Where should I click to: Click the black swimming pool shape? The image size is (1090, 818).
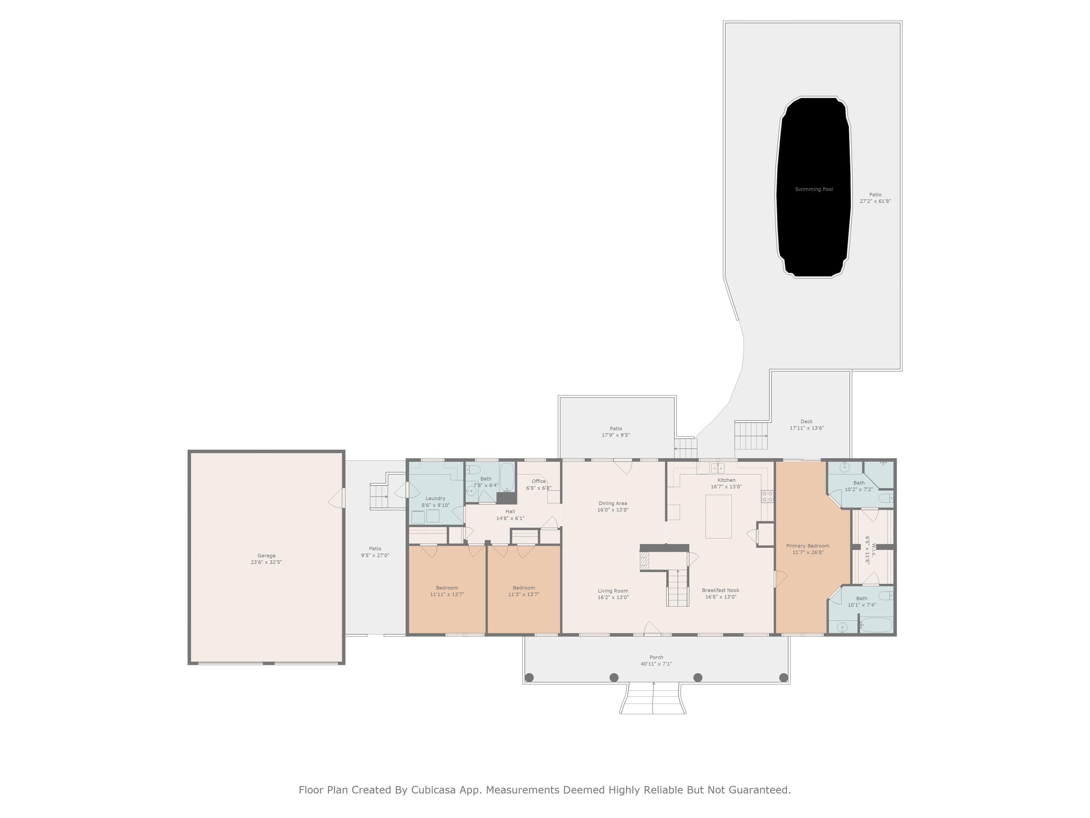click(814, 187)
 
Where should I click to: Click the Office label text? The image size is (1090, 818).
click(539, 481)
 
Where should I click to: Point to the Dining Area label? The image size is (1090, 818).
click(613, 503)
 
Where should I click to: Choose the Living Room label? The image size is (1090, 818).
click(613, 591)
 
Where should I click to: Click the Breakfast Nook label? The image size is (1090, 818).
click(720, 590)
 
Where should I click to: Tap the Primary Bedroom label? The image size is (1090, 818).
click(808, 546)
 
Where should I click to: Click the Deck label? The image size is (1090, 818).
click(807, 421)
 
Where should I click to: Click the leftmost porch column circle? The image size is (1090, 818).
click(529, 677)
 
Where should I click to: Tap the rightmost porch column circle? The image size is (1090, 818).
click(783, 677)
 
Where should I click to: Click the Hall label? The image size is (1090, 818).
click(510, 511)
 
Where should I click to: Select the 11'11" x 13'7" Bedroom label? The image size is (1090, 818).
click(447, 591)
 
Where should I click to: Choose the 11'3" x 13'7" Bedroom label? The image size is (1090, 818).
click(524, 591)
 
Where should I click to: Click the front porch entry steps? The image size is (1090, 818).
click(653, 698)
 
